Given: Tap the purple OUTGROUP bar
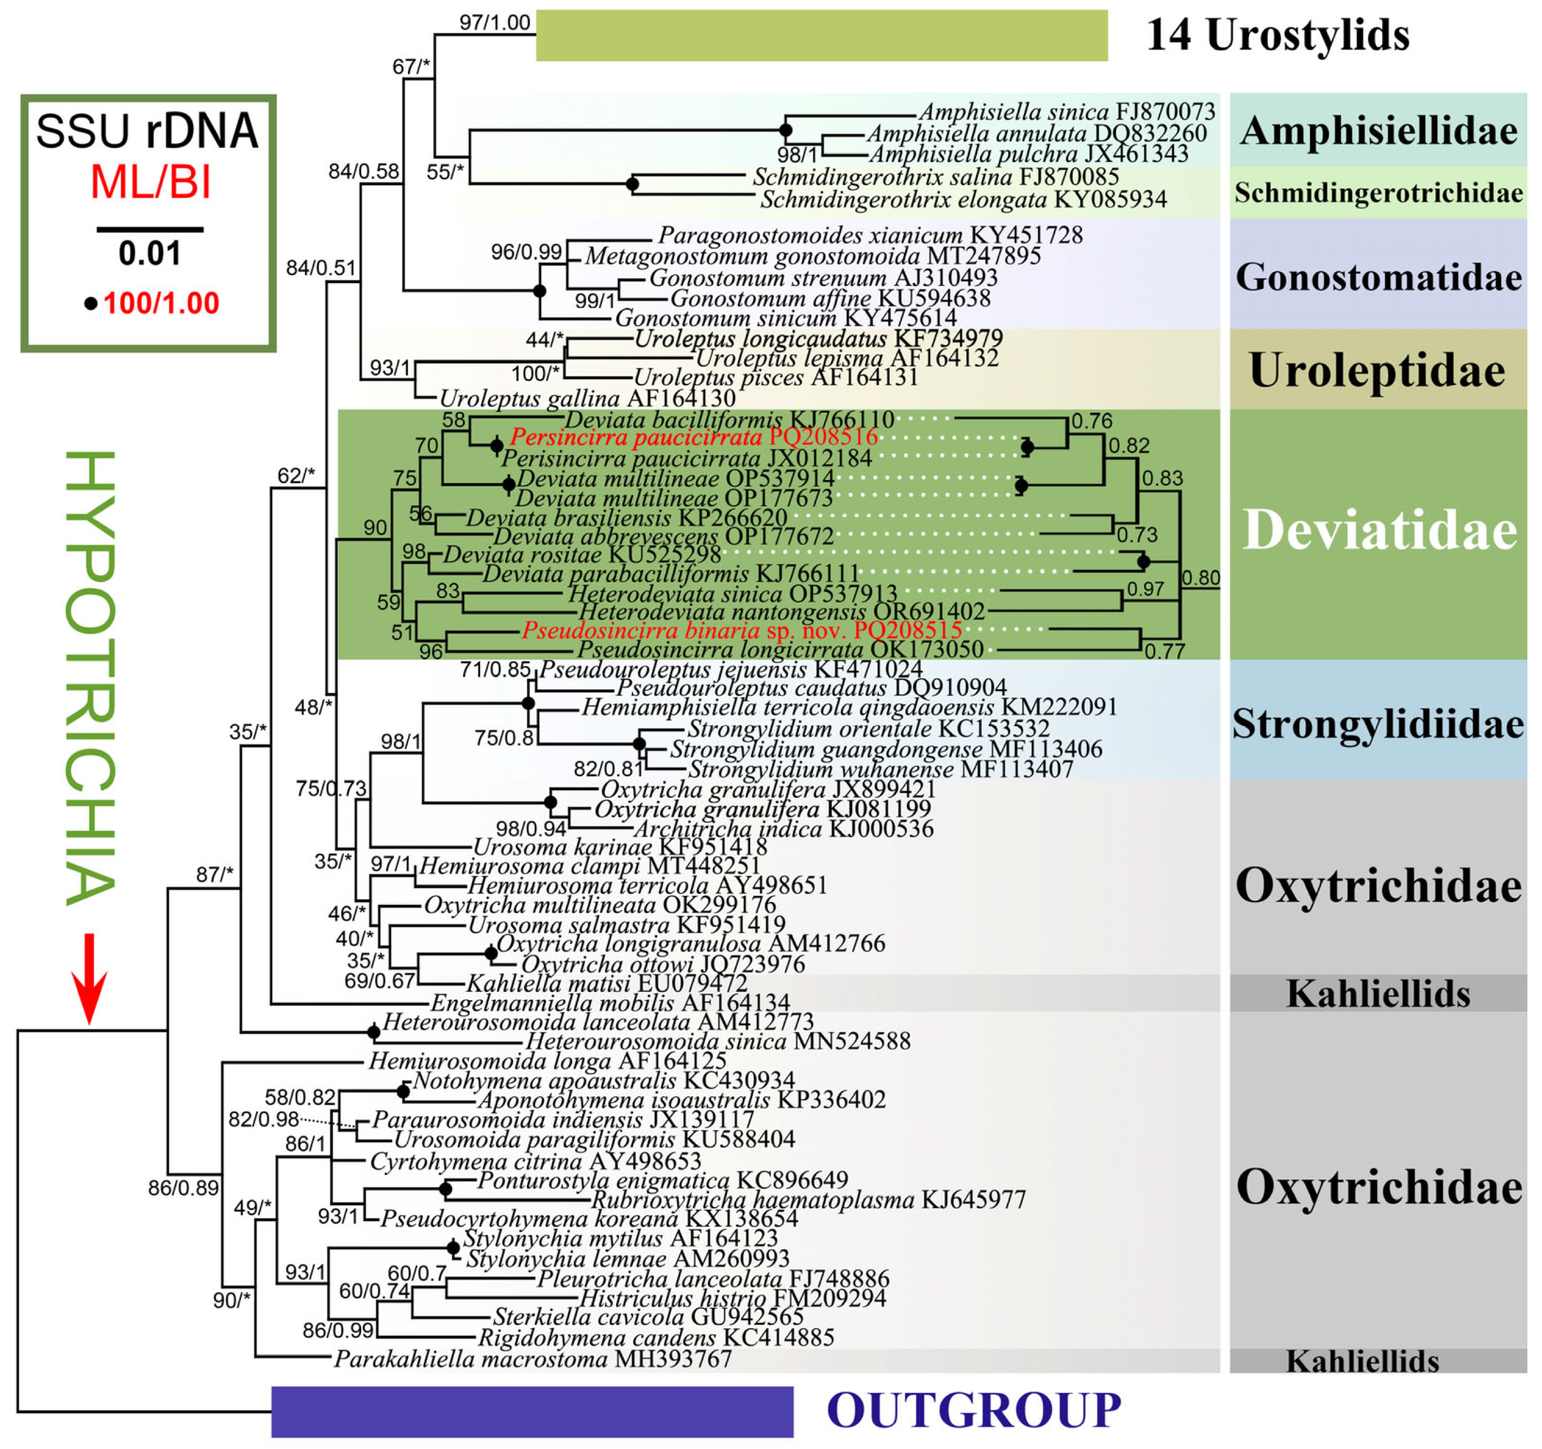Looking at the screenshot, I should [532, 1411].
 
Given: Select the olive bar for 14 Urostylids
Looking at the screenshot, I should [822, 36].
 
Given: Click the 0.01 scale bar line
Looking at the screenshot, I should [149, 230].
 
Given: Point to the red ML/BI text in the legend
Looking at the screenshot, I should [151, 183].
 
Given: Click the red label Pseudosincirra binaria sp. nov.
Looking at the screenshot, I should [741, 630].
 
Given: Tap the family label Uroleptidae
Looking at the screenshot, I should [1377, 370].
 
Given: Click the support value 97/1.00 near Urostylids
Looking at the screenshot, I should [495, 22].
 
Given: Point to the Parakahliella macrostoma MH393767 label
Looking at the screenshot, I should [533, 1359].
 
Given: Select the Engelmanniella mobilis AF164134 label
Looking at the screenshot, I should [610, 1003].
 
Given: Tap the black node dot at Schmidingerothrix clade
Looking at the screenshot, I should [632, 184].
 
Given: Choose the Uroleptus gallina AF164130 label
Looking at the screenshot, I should [587, 399].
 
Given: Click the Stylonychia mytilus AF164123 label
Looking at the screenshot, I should [621, 1238].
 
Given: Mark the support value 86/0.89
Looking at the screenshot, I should [184, 1188].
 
